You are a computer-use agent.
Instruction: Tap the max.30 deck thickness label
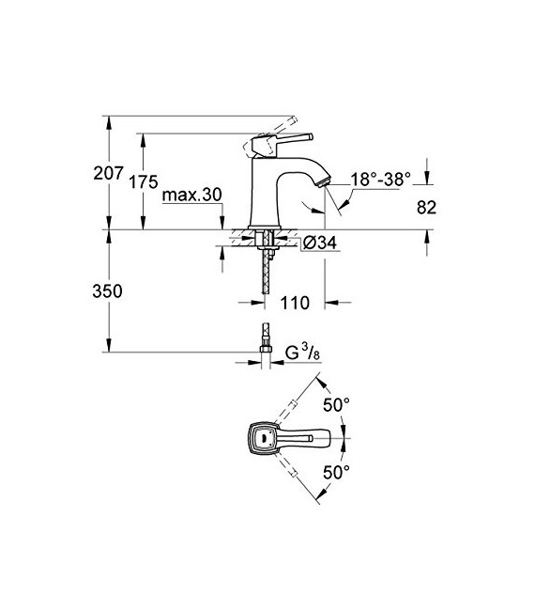(191, 195)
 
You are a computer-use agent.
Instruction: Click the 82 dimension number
(427, 210)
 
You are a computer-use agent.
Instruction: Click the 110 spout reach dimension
(296, 304)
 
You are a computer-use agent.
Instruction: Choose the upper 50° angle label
(336, 404)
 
